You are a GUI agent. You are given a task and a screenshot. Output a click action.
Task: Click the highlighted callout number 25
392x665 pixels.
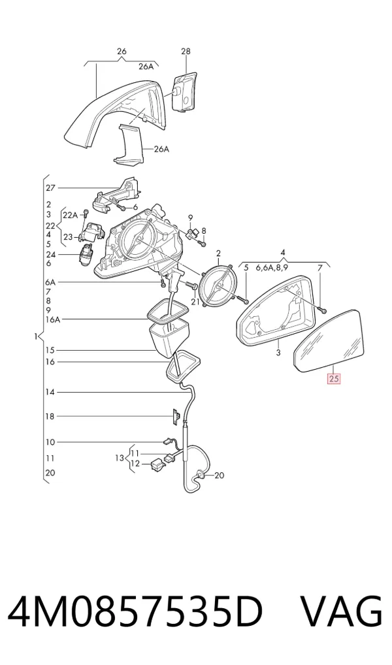pos(334,378)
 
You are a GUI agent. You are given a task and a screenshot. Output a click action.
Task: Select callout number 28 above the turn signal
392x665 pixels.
pos(186,52)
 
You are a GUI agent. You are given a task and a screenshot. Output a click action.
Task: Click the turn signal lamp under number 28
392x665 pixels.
pos(184,91)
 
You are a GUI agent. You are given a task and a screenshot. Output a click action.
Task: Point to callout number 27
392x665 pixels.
pos(50,188)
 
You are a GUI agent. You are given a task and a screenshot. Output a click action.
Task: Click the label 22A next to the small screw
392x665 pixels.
pos(70,215)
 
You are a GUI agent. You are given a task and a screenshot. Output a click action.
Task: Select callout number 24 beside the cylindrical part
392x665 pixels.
pos(50,255)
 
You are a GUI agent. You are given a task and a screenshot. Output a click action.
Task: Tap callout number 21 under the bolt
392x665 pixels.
pos(195,302)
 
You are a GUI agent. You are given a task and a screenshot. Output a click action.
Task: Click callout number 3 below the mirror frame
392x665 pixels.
pos(278,353)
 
